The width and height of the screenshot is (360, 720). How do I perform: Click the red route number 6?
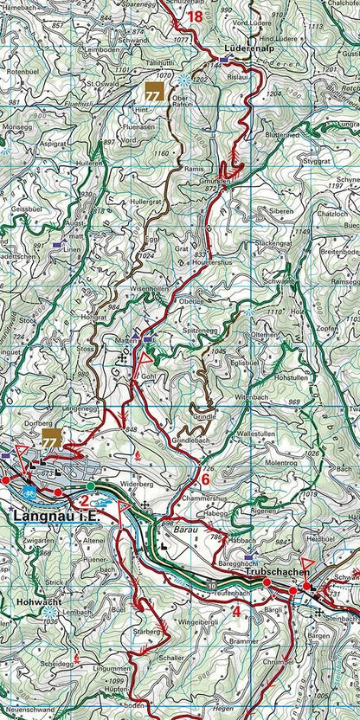[x=206, y=479]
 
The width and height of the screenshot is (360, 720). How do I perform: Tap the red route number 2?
[x=84, y=500]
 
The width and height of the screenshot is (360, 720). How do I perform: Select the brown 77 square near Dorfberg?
[x=51, y=438]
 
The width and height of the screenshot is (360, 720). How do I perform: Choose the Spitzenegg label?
[x=200, y=331]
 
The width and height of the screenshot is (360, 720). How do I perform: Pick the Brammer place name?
[x=244, y=641]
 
